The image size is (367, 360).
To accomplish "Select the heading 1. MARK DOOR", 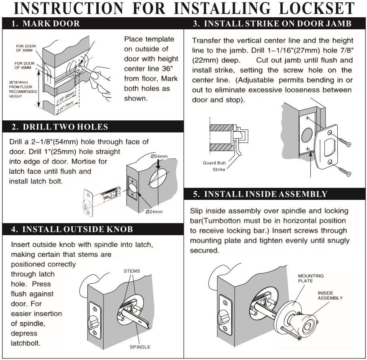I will (x=46, y=24).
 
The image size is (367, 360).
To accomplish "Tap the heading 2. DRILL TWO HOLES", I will (x=60, y=127).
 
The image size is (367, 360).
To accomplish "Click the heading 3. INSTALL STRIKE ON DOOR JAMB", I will (x=272, y=24).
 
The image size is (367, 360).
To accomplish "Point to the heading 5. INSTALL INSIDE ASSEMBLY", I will (x=260, y=194).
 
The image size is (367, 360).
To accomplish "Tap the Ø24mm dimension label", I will (x=153, y=212).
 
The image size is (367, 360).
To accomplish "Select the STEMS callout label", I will (x=132, y=271).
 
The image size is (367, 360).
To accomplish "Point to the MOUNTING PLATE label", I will (x=310, y=279).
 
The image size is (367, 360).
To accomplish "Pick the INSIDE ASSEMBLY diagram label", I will (x=330, y=296).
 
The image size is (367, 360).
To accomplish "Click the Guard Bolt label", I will (x=214, y=163).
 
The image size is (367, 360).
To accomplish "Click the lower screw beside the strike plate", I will (x=343, y=171).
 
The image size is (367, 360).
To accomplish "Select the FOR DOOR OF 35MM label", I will (x=26, y=49).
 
